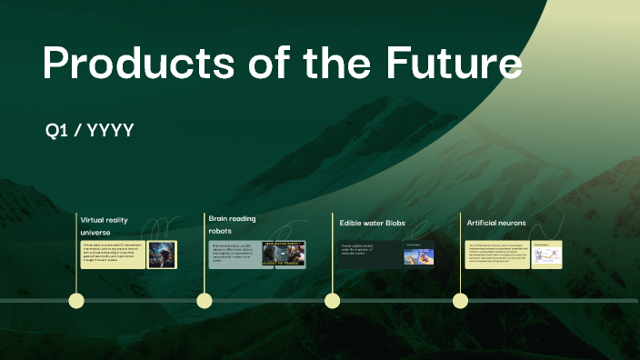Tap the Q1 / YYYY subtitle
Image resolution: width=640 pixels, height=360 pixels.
point(90,131)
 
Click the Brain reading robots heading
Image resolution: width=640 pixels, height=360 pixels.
point(232,225)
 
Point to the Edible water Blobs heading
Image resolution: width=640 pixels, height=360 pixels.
point(372,223)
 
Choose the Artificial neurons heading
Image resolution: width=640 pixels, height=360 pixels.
point(496,223)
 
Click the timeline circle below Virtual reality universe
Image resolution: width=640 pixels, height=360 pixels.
point(76,301)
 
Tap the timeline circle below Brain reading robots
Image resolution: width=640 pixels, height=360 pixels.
point(204,301)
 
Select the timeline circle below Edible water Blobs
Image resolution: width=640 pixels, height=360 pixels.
point(332,301)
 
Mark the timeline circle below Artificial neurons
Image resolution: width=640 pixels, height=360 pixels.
point(460,301)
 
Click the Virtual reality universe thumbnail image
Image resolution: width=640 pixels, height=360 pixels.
point(162,255)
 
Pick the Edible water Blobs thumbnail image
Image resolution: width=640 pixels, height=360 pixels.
point(418,255)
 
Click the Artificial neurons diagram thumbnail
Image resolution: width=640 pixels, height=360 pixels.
point(547,255)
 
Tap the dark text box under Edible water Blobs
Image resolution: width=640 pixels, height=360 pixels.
point(369,255)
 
